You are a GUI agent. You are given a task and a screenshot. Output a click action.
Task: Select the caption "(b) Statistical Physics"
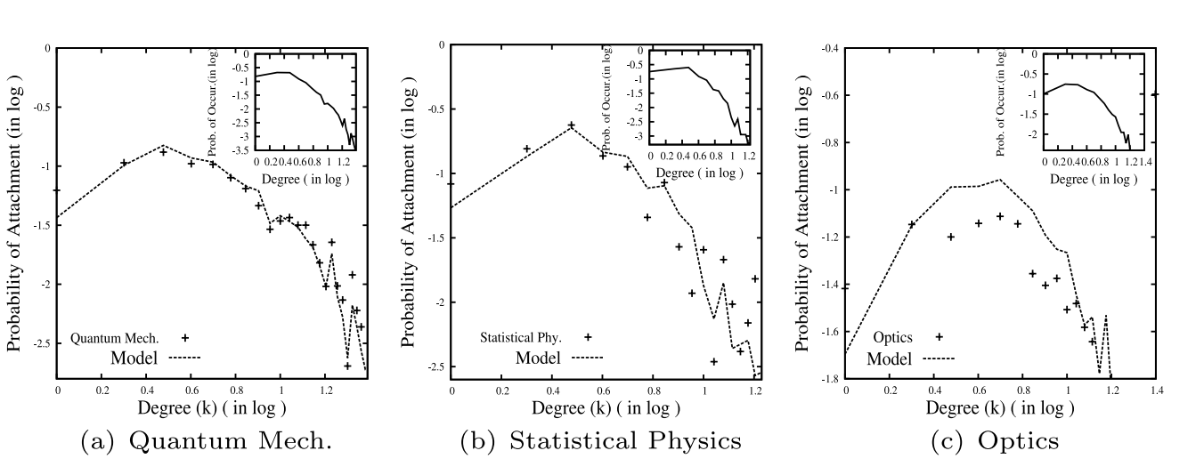(600, 441)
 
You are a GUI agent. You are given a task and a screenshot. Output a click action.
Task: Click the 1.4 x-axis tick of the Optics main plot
(1155, 389)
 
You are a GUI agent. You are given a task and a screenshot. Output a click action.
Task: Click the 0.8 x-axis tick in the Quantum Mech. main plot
(235, 389)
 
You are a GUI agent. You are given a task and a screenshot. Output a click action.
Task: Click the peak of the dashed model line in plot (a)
(163, 145)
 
